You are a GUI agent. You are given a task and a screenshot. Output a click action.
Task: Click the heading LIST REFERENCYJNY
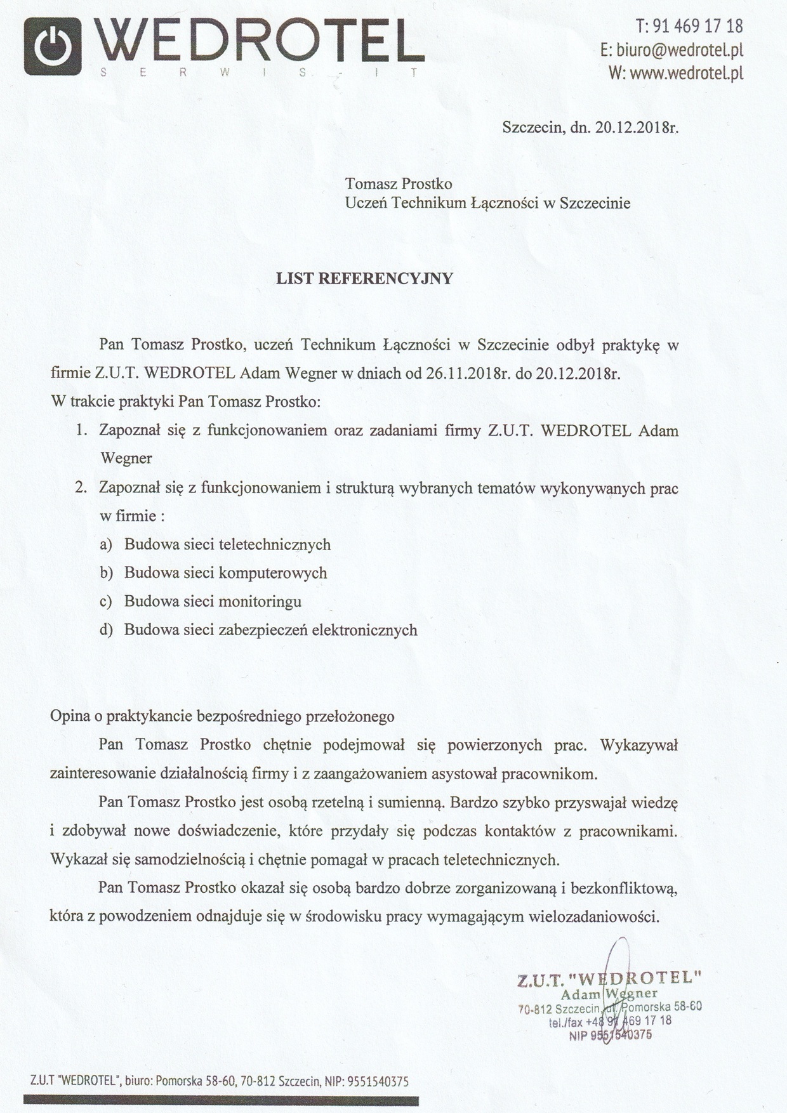(x=364, y=279)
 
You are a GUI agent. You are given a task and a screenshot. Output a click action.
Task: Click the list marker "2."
(x=80, y=489)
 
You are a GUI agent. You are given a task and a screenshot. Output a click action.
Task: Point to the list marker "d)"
(x=105, y=630)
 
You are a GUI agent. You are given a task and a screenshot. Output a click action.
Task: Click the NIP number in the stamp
(x=621, y=1035)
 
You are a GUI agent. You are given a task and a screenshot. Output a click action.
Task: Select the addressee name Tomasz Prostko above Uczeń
(x=399, y=184)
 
